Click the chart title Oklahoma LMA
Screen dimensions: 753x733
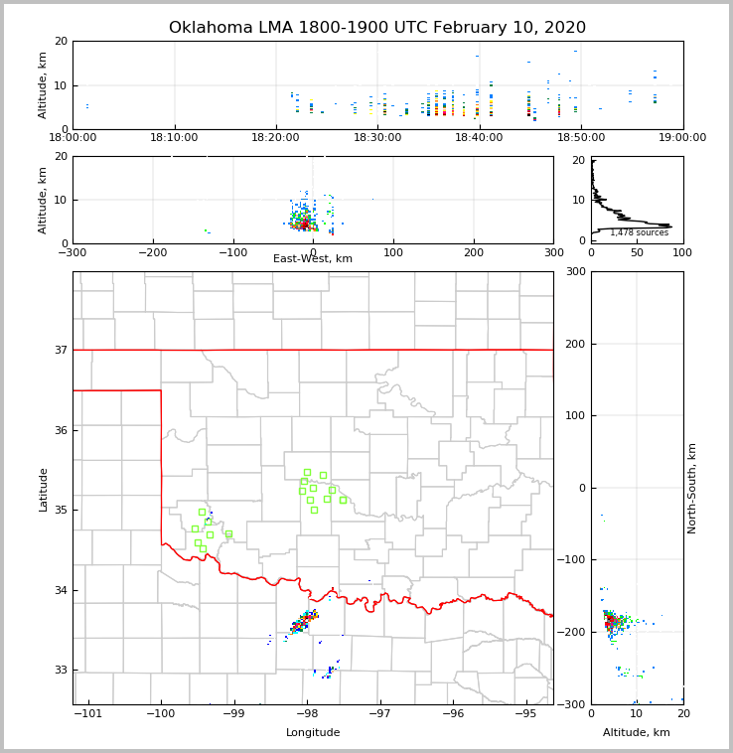(377, 28)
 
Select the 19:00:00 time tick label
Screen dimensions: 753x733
(682, 138)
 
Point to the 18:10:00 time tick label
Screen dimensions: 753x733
(175, 138)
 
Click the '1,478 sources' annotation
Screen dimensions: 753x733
(639, 233)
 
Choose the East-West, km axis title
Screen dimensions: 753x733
(313, 259)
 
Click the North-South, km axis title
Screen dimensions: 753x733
(692, 488)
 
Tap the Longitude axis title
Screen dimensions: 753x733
(313, 733)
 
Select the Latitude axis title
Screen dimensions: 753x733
(44, 489)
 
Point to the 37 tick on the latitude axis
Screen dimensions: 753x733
(60, 350)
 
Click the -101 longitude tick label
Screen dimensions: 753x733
(88, 714)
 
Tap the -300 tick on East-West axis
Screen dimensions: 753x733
(73, 252)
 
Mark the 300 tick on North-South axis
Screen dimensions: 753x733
(575, 271)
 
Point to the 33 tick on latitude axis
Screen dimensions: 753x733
(60, 670)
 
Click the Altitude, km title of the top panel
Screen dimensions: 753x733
(44, 85)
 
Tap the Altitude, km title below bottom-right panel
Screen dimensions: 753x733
(637, 733)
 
